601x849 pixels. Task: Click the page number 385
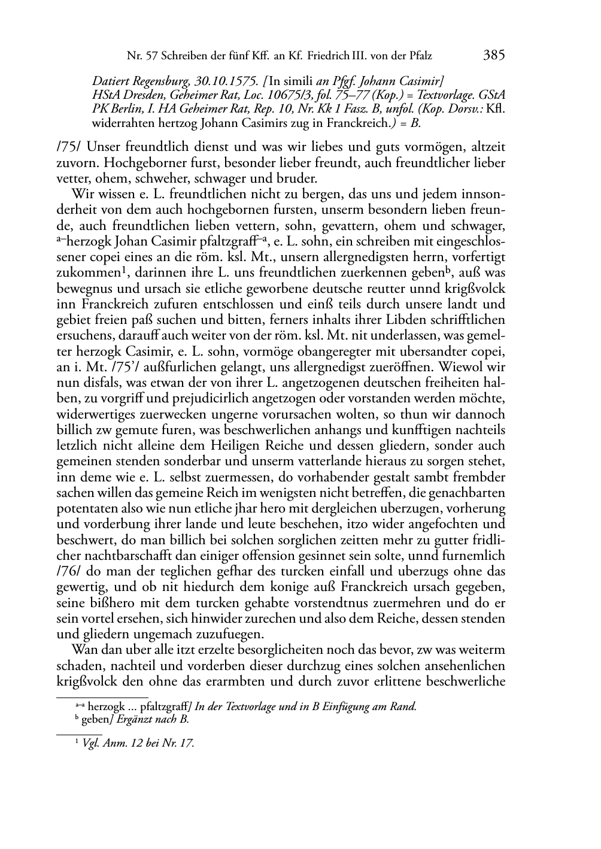pyautogui.click(x=494, y=56)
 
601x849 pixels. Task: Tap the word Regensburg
pyautogui.click(x=163, y=80)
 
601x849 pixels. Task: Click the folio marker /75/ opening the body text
pyautogui.click(x=66, y=147)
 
